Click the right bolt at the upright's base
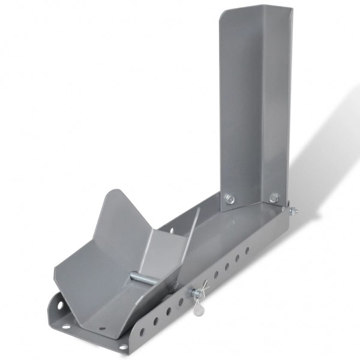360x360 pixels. tap(274, 197)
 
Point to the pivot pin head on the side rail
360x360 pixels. tap(194, 293)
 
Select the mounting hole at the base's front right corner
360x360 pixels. tap(124, 346)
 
